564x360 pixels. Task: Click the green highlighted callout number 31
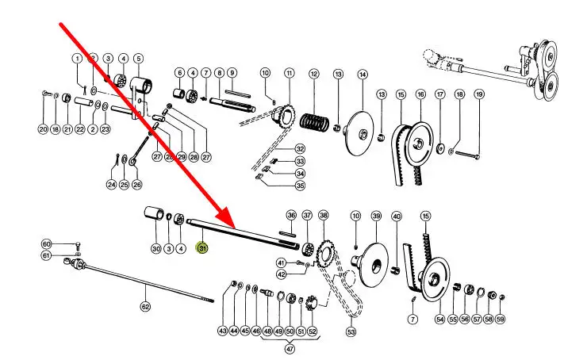(x=202, y=249)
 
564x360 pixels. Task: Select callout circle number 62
(x=145, y=306)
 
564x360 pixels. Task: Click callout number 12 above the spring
(x=313, y=74)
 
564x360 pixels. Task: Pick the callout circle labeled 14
(x=363, y=74)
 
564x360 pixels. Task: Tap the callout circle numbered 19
(x=479, y=94)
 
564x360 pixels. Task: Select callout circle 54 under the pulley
(x=440, y=320)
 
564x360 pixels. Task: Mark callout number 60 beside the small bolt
(x=46, y=244)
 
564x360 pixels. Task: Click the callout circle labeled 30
(x=156, y=249)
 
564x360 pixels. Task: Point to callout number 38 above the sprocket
(x=323, y=215)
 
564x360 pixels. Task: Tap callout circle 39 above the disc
(x=376, y=216)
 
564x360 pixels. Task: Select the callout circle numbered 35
(x=300, y=186)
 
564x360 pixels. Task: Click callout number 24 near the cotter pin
(x=112, y=186)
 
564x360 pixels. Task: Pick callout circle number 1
(x=78, y=58)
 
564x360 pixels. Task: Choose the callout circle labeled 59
(x=501, y=320)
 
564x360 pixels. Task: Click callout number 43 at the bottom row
(x=223, y=331)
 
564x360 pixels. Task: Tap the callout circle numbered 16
(x=420, y=94)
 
